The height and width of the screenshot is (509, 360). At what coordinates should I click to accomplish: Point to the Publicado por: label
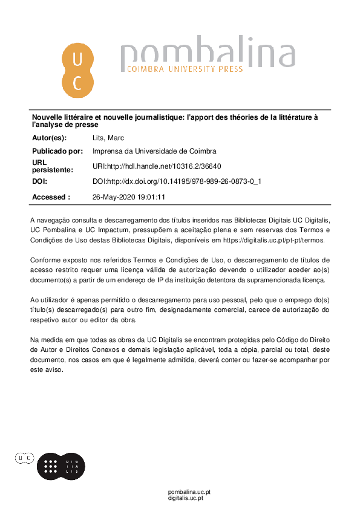pyautogui.click(x=57, y=151)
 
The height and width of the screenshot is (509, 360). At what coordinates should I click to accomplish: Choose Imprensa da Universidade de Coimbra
pyautogui.click(x=154, y=151)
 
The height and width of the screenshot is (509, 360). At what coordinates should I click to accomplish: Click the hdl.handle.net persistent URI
pyautogui.click(x=157, y=166)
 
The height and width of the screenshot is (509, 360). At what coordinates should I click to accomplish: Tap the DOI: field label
pyautogui.click(x=39, y=181)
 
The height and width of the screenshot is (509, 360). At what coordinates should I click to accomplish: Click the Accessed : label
pyautogui.click(x=51, y=197)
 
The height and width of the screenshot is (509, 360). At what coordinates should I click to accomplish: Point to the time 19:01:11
pyautogui.click(x=151, y=197)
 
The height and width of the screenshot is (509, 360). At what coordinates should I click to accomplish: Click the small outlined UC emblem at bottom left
pyautogui.click(x=25, y=459)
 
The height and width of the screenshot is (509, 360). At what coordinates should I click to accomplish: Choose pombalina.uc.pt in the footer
pyautogui.click(x=189, y=491)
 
